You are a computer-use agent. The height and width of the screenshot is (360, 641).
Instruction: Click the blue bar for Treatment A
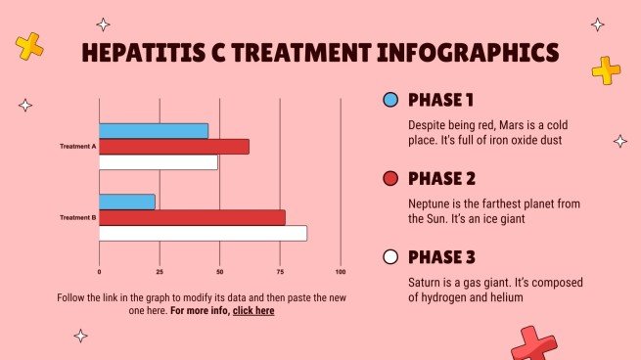pos(154,131)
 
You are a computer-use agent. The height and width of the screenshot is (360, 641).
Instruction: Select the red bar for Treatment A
pos(174,147)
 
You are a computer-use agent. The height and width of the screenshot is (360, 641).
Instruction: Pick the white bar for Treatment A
pos(159,162)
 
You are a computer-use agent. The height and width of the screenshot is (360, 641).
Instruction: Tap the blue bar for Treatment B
pos(127,202)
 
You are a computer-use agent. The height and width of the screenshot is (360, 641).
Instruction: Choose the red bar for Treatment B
pos(192,217)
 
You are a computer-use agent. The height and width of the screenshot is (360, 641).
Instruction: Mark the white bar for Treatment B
pos(203,233)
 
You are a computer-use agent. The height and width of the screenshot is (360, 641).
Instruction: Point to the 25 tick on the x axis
pos(160,271)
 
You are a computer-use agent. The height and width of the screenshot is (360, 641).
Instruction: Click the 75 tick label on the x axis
pos(280,271)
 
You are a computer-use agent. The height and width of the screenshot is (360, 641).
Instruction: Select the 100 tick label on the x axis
pos(341,271)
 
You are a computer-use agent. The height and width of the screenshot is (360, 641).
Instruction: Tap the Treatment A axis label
pos(77,146)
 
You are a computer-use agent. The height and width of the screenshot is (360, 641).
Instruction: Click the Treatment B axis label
pos(77,217)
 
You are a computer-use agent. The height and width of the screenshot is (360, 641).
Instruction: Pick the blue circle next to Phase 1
pos(390,100)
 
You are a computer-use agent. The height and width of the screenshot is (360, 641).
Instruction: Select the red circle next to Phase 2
pos(390,179)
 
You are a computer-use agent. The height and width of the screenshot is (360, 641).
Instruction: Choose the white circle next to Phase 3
pos(390,257)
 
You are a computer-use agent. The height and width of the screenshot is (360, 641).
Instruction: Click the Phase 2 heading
pos(441,179)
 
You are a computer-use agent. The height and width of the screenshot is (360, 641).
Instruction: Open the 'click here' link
pos(253,310)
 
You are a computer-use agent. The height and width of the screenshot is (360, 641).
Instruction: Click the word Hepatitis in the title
pos(143,52)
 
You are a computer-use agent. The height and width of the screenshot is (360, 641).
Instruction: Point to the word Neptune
pos(431,203)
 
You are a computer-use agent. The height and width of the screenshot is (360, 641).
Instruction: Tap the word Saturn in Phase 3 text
pos(427,282)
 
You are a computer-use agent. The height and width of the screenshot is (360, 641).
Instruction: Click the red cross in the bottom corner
pos(532,344)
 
